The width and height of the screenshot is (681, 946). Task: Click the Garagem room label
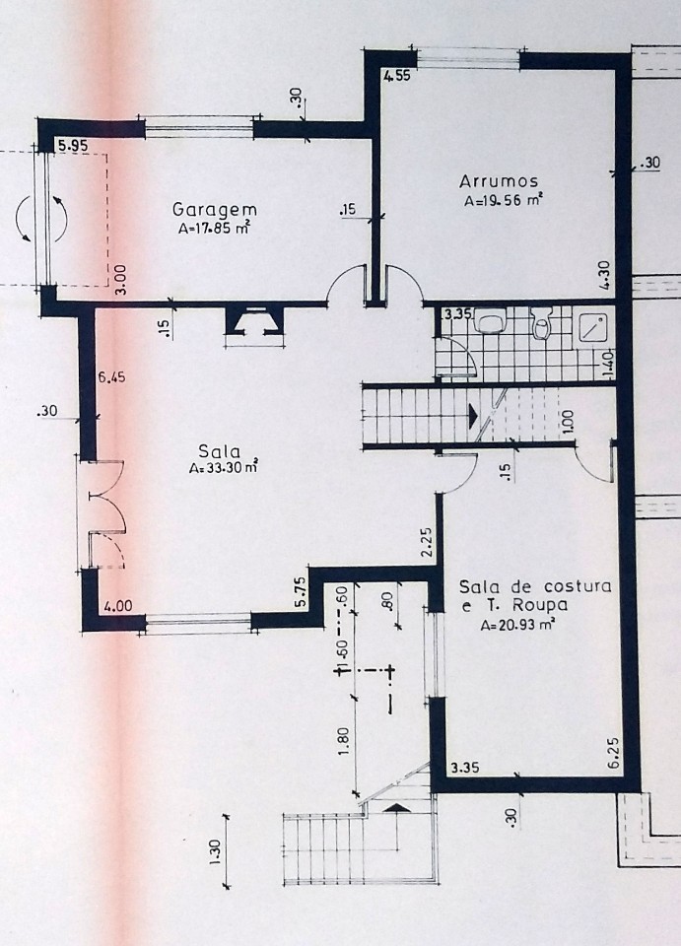tap(215, 209)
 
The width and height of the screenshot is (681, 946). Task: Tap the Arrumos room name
tap(499, 181)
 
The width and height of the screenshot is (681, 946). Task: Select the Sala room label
tap(219, 451)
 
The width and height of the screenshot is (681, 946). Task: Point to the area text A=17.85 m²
tap(215, 228)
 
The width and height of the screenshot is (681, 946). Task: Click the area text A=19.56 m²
tap(502, 201)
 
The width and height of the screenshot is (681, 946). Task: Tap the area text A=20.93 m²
tap(517, 626)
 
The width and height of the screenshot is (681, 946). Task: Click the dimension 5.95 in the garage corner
tap(71, 146)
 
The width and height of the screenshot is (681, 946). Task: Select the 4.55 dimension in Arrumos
tap(397, 76)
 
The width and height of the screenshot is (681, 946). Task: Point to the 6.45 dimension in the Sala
tap(112, 378)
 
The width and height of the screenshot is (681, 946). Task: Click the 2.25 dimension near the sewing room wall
tap(427, 543)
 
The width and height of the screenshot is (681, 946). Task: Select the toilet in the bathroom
tap(542, 323)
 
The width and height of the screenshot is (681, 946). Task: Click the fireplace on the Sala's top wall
tap(254, 319)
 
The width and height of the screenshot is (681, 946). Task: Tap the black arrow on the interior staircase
tap(473, 416)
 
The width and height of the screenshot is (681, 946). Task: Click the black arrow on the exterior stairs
tap(396, 808)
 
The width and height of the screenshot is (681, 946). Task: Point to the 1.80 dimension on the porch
tap(342, 743)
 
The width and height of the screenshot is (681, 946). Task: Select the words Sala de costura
tap(535, 585)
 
